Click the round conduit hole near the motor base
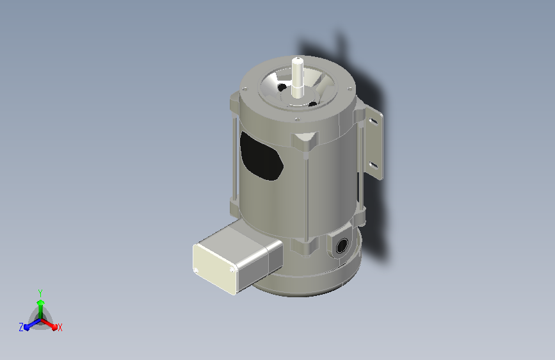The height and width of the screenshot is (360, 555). point(342,245)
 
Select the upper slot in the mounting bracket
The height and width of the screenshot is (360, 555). point(373,122)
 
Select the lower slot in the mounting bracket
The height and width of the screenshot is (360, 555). point(373,165)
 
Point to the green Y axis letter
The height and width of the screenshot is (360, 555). point(40,293)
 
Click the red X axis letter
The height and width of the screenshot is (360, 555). point(60,328)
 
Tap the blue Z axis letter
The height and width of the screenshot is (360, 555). point(21,327)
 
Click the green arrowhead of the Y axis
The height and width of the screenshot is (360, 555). point(41,303)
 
